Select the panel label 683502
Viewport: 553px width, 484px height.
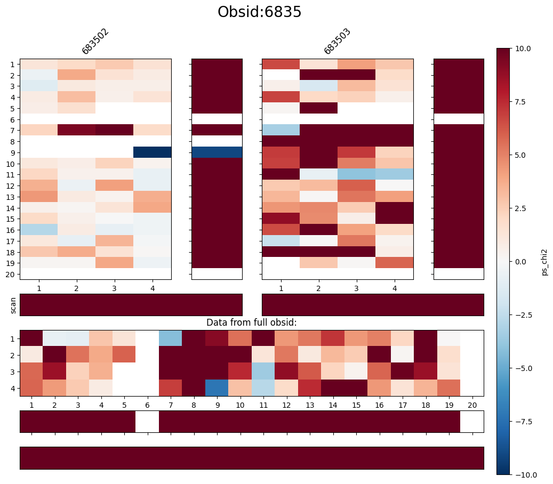(x=95, y=42)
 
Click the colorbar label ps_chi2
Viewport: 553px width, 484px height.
(x=544, y=262)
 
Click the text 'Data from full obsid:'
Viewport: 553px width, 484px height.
(x=251, y=322)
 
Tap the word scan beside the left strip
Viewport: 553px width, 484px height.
(x=13, y=305)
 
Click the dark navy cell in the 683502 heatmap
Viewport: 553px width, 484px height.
(x=153, y=152)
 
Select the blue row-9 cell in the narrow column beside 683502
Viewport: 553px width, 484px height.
(x=217, y=152)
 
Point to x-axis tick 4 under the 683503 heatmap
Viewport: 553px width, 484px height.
(x=395, y=288)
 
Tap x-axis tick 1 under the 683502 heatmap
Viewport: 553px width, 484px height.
(x=39, y=288)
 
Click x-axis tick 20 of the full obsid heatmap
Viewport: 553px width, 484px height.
(x=472, y=406)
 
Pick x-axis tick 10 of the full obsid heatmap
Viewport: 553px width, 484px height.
(x=240, y=406)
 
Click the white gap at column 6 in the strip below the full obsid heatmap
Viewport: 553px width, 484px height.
(x=147, y=422)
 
